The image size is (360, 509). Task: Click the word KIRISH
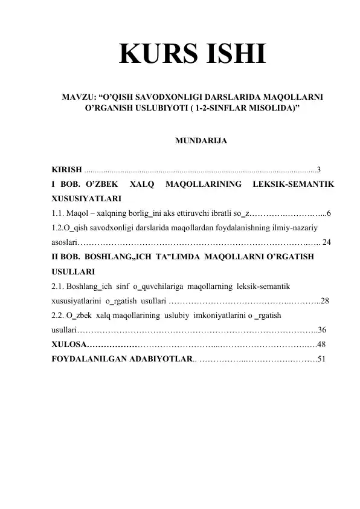(x=67, y=169)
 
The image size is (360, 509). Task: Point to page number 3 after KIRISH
(x=319, y=169)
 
